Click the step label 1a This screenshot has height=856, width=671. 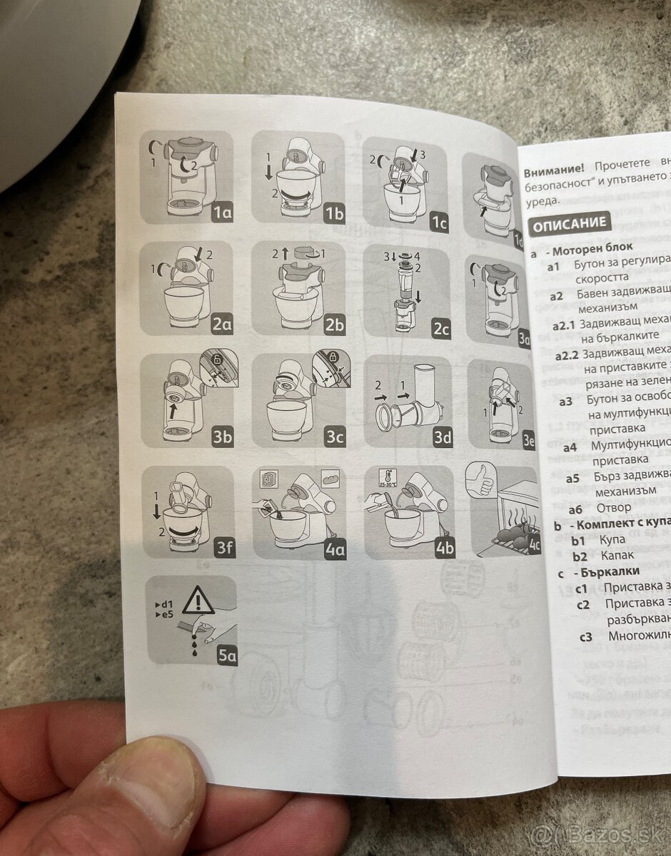tap(223, 212)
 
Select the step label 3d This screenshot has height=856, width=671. tap(443, 438)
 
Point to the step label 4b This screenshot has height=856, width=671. tap(444, 548)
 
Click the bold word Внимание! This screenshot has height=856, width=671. tap(554, 172)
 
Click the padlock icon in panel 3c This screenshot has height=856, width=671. tap(329, 357)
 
